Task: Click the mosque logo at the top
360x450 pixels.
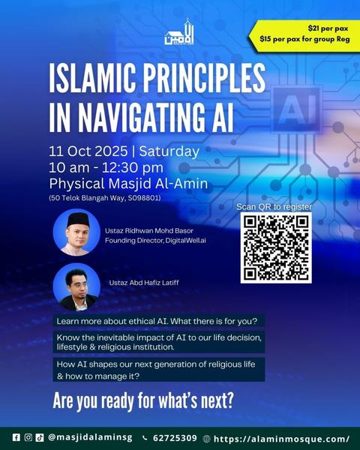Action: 179,32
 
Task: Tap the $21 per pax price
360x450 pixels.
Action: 328,28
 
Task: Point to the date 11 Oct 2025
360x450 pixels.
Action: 88,151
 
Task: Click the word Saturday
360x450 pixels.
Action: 169,151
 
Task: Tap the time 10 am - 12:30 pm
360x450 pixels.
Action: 106,167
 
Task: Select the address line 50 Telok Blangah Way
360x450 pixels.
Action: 105,198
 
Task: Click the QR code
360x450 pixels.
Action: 276,248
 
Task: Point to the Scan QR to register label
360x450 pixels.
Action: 274,207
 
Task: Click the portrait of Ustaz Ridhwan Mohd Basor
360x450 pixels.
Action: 76,232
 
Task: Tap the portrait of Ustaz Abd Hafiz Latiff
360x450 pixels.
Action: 76,287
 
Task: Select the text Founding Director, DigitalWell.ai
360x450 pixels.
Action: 155,241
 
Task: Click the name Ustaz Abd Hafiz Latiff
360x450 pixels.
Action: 144,283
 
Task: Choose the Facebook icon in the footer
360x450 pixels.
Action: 16,437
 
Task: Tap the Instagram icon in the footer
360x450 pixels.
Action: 28,437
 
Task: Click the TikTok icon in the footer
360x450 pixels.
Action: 40,437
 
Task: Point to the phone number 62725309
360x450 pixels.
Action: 175,438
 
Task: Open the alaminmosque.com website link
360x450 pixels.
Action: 282,439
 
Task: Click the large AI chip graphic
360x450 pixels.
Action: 296,109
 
